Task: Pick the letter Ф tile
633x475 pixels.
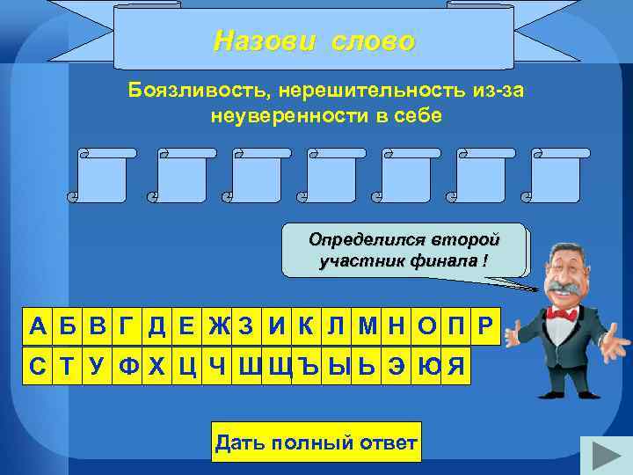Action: click(128, 366)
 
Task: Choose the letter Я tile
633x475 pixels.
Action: click(455, 366)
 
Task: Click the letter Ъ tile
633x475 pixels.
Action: click(309, 366)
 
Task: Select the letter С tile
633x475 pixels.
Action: click(38, 366)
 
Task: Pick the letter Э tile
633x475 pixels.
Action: click(397, 366)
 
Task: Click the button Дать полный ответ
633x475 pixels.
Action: click(316, 442)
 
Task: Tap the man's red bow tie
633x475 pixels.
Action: click(561, 312)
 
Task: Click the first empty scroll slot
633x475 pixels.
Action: click(103, 175)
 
